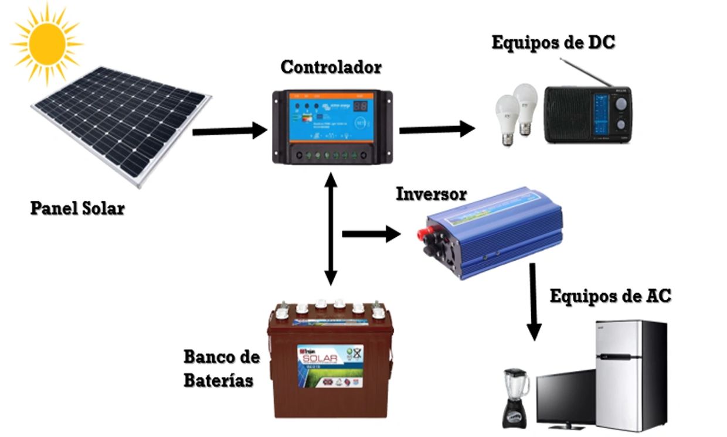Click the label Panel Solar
[77, 208]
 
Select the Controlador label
[331, 67]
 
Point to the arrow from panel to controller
[229, 131]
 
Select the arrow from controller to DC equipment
[437, 129]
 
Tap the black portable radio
[588, 114]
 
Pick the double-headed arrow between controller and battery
[331, 228]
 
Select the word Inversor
[432, 194]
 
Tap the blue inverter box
[492, 231]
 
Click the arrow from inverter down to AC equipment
[533, 302]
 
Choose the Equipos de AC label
[610, 296]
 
